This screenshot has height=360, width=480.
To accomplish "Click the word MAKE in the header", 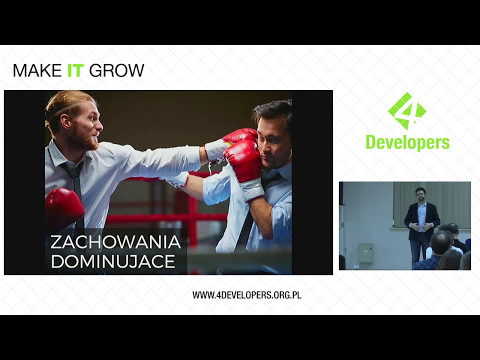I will (37, 71).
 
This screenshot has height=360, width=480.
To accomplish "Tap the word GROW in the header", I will (117, 71).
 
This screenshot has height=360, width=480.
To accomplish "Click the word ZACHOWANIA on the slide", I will (116, 242).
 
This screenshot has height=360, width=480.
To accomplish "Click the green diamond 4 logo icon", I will (406, 111).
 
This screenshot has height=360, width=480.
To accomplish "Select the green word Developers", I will (405, 142).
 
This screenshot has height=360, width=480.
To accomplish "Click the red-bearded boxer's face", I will (84, 124).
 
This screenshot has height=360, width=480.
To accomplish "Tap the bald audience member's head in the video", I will (441, 241).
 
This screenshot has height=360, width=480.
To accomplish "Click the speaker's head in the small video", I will (422, 194).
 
